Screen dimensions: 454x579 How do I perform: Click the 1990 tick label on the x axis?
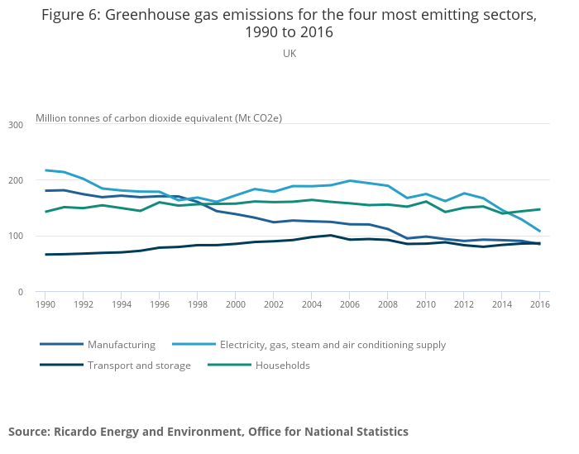coord(45,304)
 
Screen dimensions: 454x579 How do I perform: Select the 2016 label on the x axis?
coord(539,304)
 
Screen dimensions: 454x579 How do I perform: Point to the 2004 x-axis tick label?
coord(311,304)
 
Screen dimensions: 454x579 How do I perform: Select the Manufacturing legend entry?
coord(121,345)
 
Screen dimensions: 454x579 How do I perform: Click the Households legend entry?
coord(282,366)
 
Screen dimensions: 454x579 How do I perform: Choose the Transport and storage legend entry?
coord(139,366)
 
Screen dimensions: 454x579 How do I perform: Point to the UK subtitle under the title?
coord(289,54)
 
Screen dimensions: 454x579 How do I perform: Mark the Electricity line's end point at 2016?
coord(539,232)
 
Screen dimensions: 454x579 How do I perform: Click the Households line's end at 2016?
coord(539,209)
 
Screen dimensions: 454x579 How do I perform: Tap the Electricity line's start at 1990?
coord(45,170)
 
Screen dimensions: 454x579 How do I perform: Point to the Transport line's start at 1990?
coord(45,255)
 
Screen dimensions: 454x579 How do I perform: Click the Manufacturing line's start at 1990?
coord(45,191)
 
